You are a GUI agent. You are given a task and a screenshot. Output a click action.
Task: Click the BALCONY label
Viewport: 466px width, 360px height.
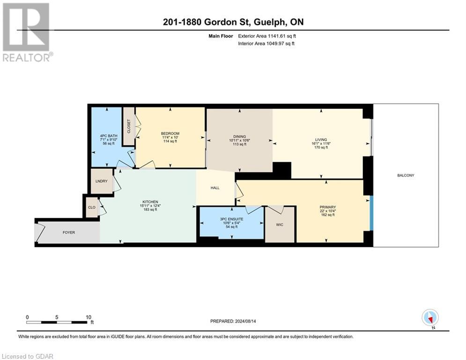tap(406, 175)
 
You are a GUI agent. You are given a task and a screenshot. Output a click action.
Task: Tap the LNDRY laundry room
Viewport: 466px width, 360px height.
tap(101, 181)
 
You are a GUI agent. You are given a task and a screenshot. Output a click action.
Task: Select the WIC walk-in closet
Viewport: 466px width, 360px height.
tap(280, 225)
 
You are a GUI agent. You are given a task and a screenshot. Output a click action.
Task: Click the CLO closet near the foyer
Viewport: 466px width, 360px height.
tap(92, 207)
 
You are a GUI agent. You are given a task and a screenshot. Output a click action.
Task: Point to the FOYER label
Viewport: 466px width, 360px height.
tap(69, 232)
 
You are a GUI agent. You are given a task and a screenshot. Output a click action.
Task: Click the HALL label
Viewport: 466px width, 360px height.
tap(215, 188)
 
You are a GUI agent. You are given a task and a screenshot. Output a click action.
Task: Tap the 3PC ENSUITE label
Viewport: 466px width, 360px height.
tap(231, 219)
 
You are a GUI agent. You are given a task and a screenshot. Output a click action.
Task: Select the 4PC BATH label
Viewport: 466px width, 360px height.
tap(109, 135)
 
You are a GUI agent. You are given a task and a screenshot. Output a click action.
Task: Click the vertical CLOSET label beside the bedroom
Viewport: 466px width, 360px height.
tap(129, 126)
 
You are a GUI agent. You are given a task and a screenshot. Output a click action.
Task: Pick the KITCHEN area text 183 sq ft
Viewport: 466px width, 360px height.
tap(150, 210)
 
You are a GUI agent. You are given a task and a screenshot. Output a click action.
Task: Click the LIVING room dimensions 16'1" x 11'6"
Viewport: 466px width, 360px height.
tap(321, 143)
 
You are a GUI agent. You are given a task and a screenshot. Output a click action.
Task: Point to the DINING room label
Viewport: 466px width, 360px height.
tap(239, 136)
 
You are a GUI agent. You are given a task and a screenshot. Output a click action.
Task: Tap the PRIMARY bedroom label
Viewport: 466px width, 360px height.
tap(327, 207)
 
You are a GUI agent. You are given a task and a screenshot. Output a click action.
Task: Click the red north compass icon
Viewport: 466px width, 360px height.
tap(430, 318)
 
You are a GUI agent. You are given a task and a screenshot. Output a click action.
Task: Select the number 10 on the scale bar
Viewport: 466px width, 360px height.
tap(88, 317)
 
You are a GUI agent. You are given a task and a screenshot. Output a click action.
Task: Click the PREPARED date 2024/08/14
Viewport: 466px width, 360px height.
tap(245, 321)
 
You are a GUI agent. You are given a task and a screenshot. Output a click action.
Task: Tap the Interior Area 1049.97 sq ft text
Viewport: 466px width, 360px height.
tap(266, 44)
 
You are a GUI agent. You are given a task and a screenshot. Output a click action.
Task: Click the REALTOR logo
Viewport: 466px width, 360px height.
tap(26, 32)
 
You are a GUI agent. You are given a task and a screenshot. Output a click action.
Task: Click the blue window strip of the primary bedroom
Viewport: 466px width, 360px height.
tap(371, 213)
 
